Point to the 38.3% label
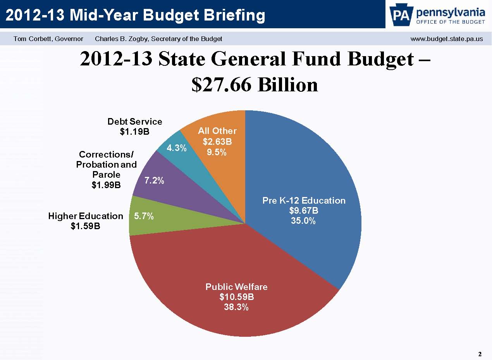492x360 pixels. (x=236, y=307)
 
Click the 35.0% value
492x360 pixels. (x=304, y=221)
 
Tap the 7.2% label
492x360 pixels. (x=154, y=180)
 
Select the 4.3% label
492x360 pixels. (x=177, y=148)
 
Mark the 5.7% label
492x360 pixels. (x=144, y=216)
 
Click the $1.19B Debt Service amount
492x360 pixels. (x=134, y=132)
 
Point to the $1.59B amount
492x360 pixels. (x=85, y=226)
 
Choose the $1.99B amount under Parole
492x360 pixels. (x=106, y=185)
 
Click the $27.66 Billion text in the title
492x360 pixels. (x=255, y=84)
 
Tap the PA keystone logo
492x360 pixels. (x=401, y=15)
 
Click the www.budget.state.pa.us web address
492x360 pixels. (x=446, y=39)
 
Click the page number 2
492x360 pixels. (x=480, y=354)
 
